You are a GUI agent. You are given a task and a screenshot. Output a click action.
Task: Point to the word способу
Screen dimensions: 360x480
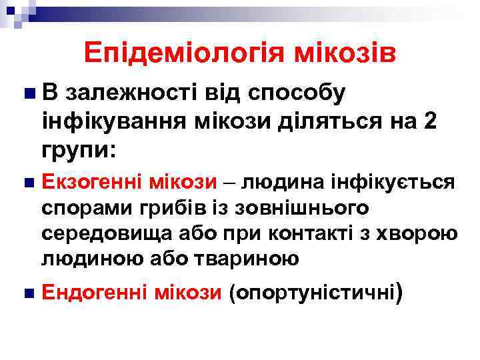(x=296, y=95)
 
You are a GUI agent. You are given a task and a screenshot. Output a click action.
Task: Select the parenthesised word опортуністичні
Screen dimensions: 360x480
(x=312, y=292)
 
